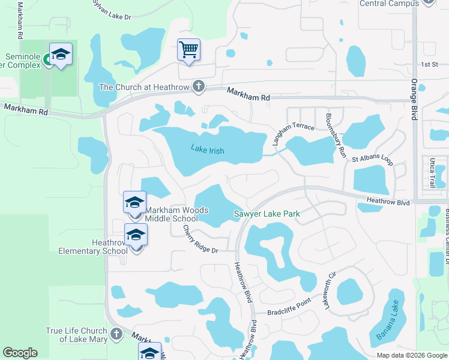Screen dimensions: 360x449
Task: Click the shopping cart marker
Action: [x=188, y=49]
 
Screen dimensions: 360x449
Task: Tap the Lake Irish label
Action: [x=207, y=149]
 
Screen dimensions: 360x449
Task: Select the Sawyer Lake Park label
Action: [x=267, y=214]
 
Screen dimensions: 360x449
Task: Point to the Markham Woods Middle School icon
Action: [x=135, y=202]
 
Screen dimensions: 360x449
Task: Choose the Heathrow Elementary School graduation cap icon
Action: [x=136, y=235]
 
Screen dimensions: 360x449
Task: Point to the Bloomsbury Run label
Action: [x=336, y=136]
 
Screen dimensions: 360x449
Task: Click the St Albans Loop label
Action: [x=372, y=160]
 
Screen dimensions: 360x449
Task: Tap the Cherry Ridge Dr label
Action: [x=199, y=239]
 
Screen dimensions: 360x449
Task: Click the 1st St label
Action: [x=429, y=64]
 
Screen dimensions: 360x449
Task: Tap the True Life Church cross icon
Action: [x=116, y=333]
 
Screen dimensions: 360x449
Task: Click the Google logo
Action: [x=20, y=353]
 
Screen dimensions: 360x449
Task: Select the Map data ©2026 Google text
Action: [x=412, y=355]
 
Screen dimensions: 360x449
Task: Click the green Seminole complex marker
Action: [x=47, y=61]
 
